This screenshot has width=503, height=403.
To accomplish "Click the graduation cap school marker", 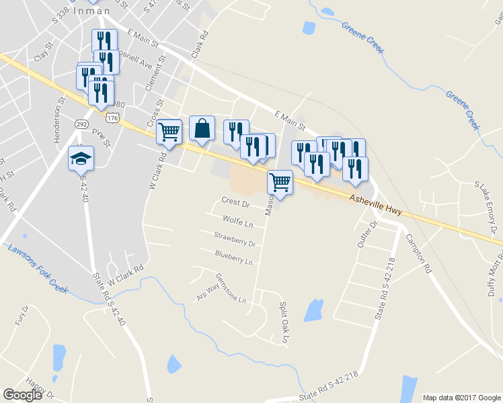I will pyautogui.click(x=81, y=159).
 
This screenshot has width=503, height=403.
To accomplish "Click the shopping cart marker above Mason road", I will pyautogui.click(x=280, y=181).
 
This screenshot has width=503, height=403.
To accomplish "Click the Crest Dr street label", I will pyautogui.click(x=235, y=201).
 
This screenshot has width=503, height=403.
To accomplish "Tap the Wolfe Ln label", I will pyautogui.click(x=237, y=220).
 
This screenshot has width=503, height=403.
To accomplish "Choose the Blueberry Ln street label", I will pyautogui.click(x=233, y=255).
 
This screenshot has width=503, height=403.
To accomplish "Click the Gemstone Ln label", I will pyautogui.click(x=231, y=287).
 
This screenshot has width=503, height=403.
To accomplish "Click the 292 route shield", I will pyautogui.click(x=81, y=124).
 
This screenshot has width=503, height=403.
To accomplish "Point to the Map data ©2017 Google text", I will pyautogui.click(x=461, y=397).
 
